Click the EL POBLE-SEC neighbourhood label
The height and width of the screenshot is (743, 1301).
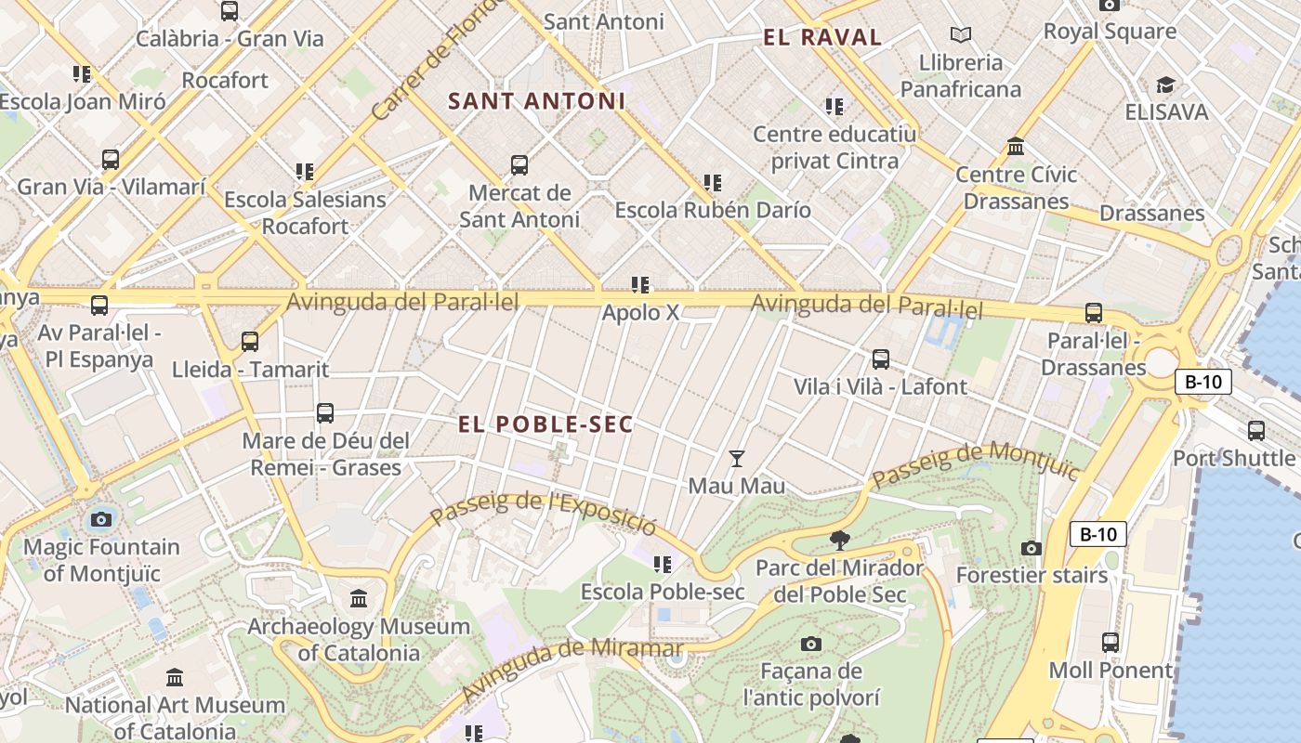pos(545,424)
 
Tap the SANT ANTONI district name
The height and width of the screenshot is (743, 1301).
pos(536,100)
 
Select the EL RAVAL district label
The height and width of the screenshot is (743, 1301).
pos(821,37)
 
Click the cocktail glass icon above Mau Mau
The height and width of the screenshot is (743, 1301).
pos(737,458)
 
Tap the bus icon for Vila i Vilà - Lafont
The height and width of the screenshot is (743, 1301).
pos(880,358)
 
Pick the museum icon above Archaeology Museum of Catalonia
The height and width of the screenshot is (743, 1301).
pos(359,598)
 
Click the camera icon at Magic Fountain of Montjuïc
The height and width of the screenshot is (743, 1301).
pos(101,519)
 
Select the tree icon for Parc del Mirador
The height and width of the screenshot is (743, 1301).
pos(839,540)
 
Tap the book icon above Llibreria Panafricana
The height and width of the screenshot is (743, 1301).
pos(960,34)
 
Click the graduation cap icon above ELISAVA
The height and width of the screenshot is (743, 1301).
pos(1165,85)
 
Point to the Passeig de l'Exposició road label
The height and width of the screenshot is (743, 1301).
pos(544,513)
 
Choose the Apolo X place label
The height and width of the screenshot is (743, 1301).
pos(640,312)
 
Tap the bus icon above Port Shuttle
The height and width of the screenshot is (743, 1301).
pos(1255,430)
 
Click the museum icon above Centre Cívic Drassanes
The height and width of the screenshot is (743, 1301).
pos(1016,147)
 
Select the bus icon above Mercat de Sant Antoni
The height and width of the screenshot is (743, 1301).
pos(519,165)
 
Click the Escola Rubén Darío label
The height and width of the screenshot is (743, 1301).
pos(713,210)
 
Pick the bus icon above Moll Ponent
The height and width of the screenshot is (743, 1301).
pos(1110,642)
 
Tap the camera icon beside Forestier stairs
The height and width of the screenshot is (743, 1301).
pos(1031,548)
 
